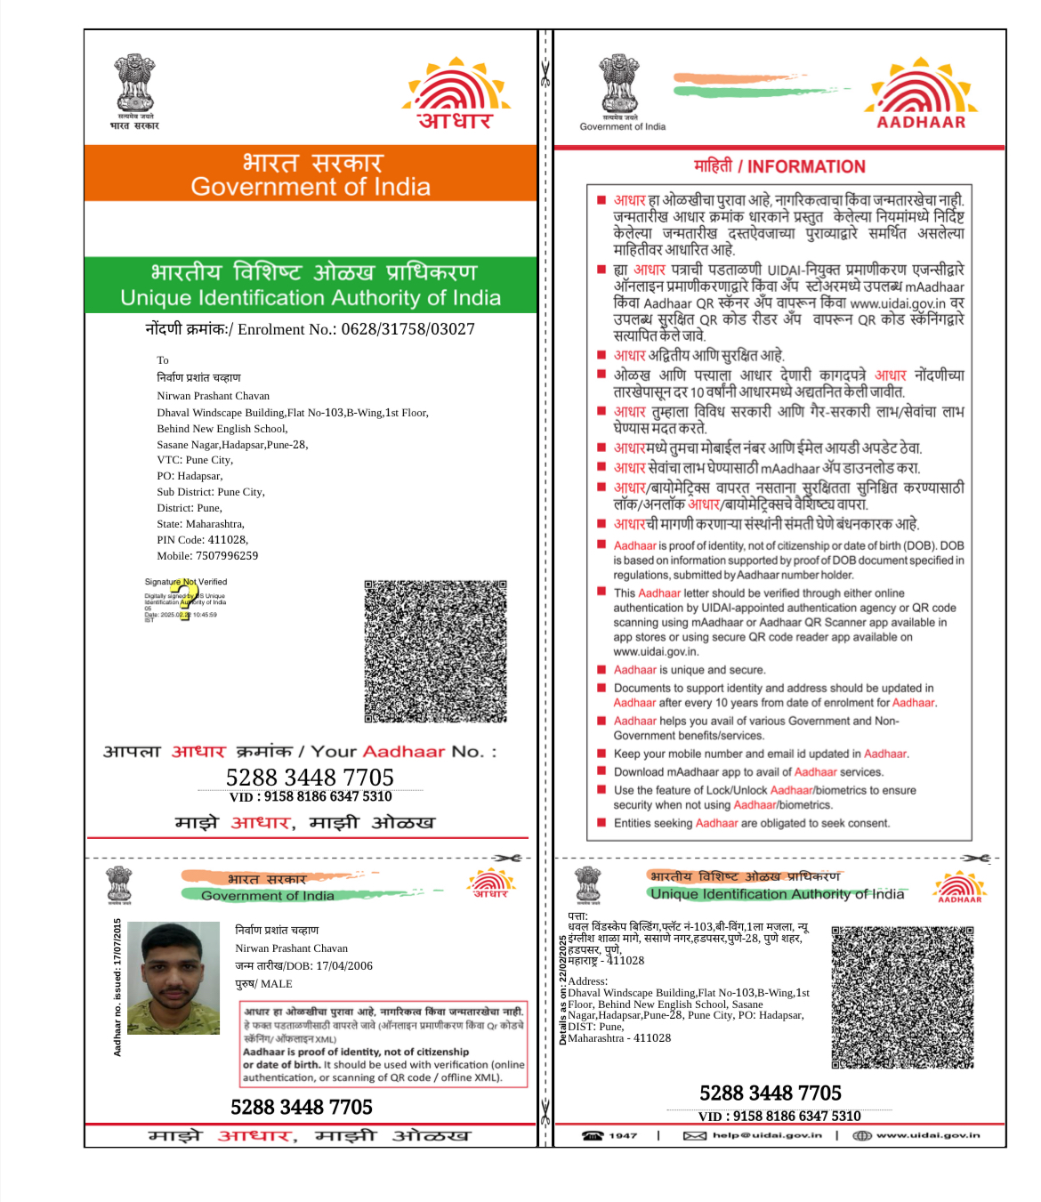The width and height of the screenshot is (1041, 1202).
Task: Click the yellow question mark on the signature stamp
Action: [x=184, y=597]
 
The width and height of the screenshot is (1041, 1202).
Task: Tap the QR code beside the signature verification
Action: [x=435, y=651]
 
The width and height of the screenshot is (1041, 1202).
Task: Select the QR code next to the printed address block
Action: [x=901, y=996]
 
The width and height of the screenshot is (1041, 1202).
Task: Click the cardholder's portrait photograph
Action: [x=173, y=978]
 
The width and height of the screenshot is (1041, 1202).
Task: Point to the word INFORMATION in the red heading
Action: [x=806, y=166]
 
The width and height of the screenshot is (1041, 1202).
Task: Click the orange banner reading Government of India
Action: [x=311, y=174]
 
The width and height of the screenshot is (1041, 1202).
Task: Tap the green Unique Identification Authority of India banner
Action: [x=311, y=285]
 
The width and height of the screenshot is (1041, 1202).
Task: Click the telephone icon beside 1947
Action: [x=593, y=1135]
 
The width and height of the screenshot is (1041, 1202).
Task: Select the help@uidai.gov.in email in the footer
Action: [x=767, y=1135]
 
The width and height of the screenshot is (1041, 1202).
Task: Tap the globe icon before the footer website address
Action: [x=861, y=1135]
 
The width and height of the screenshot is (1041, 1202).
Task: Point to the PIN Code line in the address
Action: [x=203, y=540]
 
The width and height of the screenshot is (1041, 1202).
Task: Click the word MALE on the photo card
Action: [x=276, y=984]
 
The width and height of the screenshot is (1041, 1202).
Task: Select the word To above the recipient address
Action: [x=163, y=360]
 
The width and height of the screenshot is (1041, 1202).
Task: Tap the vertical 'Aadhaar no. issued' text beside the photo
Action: [x=117, y=988]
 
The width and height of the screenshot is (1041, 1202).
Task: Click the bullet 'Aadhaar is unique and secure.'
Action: [x=689, y=670]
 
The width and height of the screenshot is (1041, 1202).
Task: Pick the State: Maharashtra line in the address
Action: [x=201, y=524]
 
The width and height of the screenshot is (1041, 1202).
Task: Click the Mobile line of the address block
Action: [x=207, y=556]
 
